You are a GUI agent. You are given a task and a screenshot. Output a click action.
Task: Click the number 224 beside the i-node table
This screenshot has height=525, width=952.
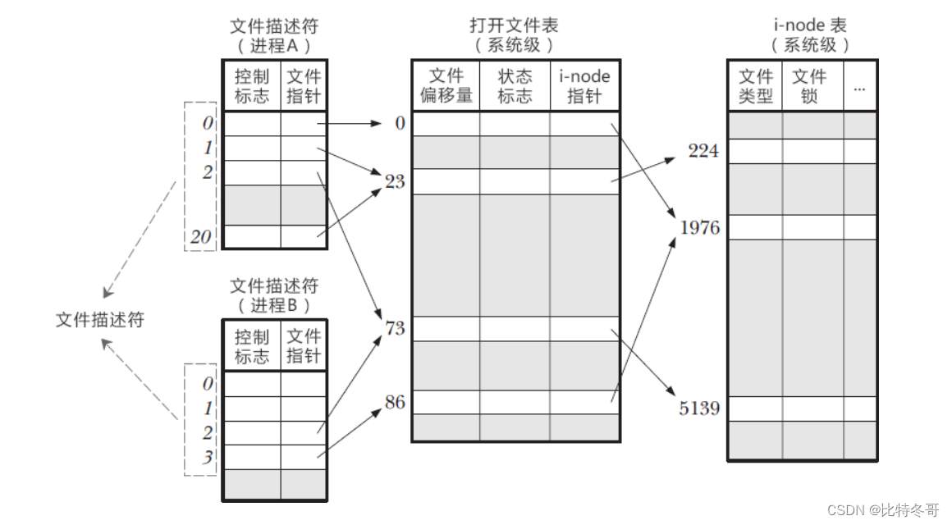pos(703,151)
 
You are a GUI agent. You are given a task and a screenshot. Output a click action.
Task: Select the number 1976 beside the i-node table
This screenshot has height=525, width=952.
pos(699,227)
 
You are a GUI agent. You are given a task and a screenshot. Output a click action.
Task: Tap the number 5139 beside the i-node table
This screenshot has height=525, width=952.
pos(699,408)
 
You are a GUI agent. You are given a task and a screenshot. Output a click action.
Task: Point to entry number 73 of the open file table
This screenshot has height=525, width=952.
pos(395,329)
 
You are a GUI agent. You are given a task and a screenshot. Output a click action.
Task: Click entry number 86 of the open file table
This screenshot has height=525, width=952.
pos(395,403)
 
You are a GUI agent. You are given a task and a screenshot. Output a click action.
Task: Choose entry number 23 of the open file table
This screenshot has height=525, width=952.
pos(395,181)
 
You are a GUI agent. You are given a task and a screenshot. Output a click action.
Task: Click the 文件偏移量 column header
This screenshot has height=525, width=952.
pos(446,86)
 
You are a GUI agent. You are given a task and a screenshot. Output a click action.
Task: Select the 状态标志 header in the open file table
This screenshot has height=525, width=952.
pos(515,86)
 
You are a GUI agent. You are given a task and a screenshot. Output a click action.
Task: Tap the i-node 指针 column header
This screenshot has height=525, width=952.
pos(584,86)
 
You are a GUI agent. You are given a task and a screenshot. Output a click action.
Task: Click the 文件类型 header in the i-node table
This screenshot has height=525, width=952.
pos(756,86)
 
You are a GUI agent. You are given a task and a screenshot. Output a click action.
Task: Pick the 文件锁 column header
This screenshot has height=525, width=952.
pos(808,86)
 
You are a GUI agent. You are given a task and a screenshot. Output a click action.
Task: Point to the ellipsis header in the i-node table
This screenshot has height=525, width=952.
pos(859,86)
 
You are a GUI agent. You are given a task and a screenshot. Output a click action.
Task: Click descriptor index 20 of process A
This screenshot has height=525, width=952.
pos(202,238)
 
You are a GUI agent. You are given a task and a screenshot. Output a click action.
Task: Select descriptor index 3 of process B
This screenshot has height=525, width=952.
pos(208,457)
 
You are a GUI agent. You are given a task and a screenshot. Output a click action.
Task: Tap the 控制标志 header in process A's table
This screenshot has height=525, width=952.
pos(252,86)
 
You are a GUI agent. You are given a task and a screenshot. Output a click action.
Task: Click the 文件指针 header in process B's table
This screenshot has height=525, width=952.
pos(304,346)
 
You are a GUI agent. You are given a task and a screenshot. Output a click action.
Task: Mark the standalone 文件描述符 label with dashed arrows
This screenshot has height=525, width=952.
pos(99,320)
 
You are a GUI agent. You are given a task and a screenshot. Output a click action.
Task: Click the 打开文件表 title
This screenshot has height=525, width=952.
pos(514,26)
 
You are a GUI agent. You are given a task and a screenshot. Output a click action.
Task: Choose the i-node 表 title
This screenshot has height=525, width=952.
pos(809,26)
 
